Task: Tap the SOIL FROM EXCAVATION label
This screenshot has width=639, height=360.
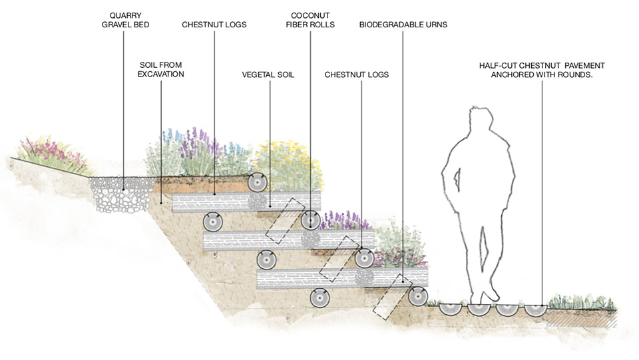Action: point(160,69)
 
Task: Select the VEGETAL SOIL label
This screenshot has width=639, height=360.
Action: point(268,75)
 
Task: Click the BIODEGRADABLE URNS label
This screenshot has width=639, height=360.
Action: point(403,25)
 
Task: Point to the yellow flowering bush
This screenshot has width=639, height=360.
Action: point(288,163)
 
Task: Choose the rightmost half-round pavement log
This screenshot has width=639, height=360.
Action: point(534,309)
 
